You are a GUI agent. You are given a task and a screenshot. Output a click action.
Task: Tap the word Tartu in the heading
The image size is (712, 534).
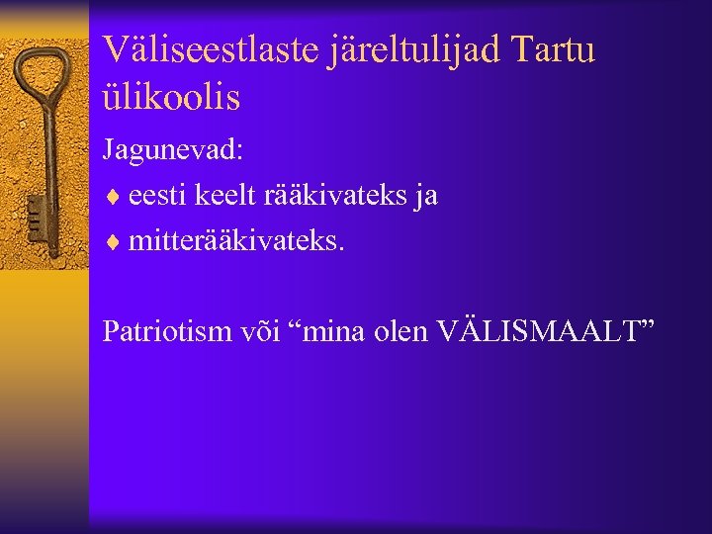558,48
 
